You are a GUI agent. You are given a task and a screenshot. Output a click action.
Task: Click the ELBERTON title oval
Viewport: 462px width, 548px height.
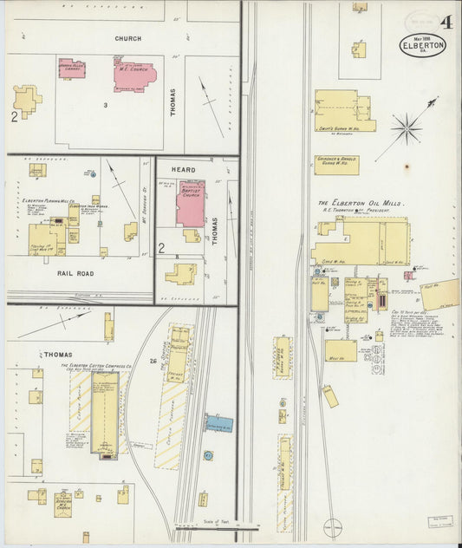click(422, 44)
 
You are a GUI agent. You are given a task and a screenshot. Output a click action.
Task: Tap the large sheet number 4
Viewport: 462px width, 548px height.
click(445, 22)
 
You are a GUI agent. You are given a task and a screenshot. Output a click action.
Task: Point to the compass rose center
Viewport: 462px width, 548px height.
click(405, 130)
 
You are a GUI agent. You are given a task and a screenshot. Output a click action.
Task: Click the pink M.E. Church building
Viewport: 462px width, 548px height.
click(133, 75)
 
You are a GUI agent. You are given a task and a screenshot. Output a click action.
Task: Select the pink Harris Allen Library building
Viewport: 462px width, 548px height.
click(72, 68)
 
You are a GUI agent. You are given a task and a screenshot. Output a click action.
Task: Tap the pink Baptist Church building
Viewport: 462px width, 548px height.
click(191, 205)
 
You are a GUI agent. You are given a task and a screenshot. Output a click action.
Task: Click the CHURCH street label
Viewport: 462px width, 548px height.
click(127, 39)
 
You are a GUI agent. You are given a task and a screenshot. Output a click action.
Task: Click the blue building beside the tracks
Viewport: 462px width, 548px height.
click(219, 424)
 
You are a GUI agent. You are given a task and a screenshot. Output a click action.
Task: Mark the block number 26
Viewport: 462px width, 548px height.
click(153, 361)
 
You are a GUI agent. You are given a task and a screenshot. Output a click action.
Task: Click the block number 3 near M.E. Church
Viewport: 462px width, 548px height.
click(105, 106)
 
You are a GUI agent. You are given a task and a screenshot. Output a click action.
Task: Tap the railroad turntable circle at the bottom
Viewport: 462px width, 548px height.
click(331, 526)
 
